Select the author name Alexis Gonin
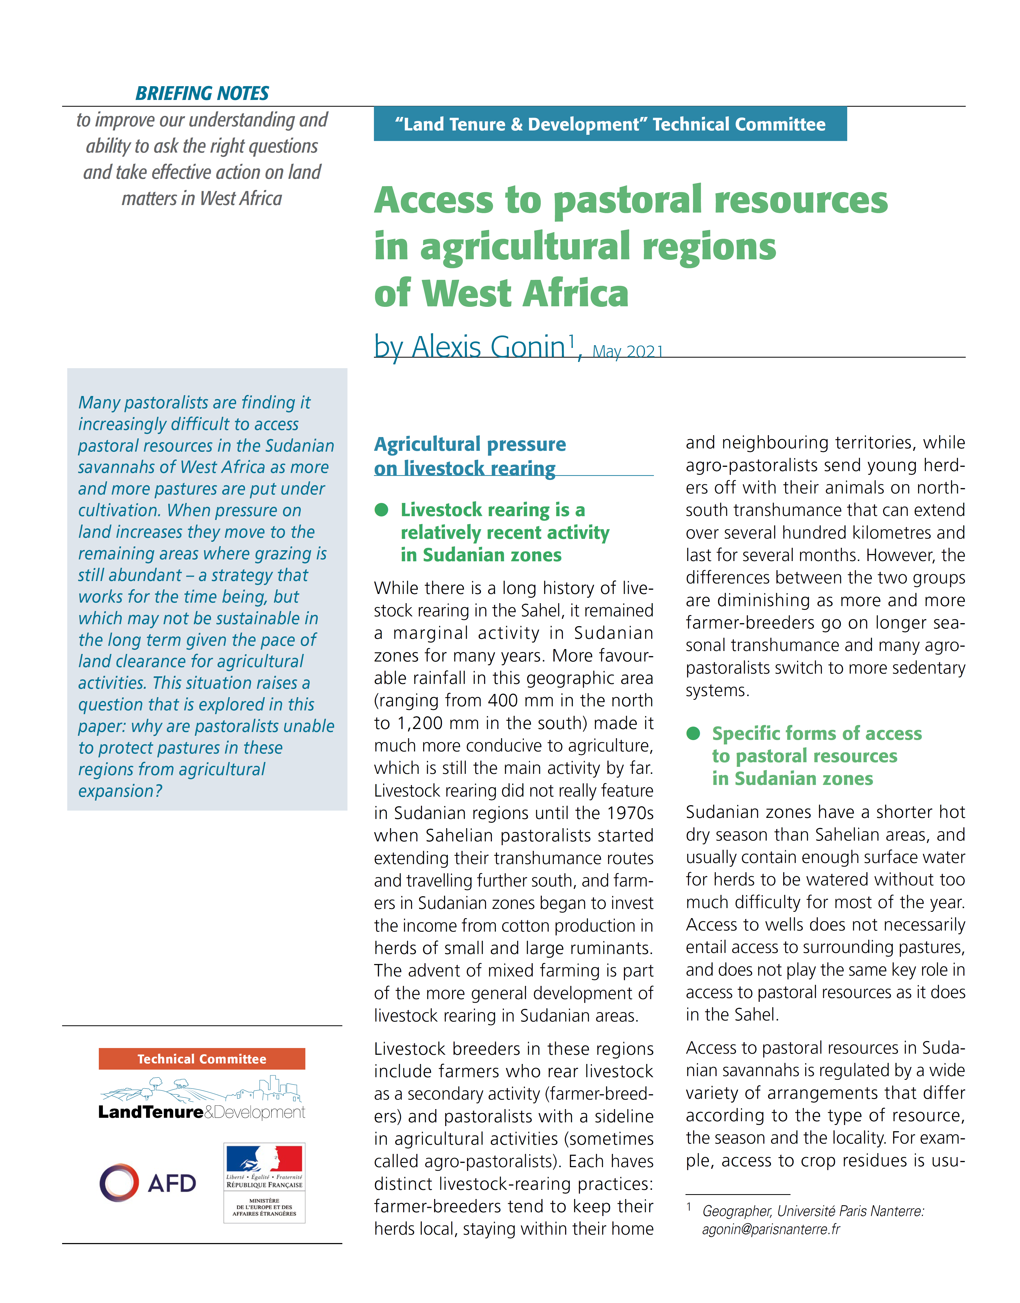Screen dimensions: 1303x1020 click(488, 347)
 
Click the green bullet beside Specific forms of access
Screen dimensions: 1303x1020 click(693, 733)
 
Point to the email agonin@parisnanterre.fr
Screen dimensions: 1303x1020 click(771, 1229)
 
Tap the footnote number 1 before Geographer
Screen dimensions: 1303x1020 click(689, 1207)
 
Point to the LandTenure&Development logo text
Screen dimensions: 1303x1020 click(202, 1112)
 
